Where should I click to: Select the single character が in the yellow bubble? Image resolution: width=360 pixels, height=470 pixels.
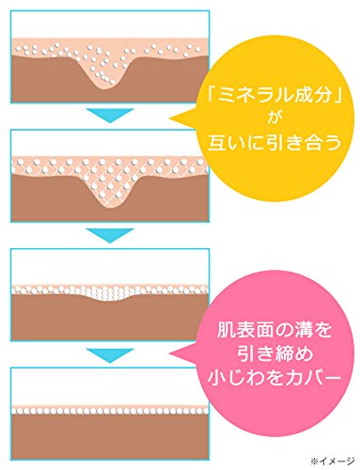[274, 118]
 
